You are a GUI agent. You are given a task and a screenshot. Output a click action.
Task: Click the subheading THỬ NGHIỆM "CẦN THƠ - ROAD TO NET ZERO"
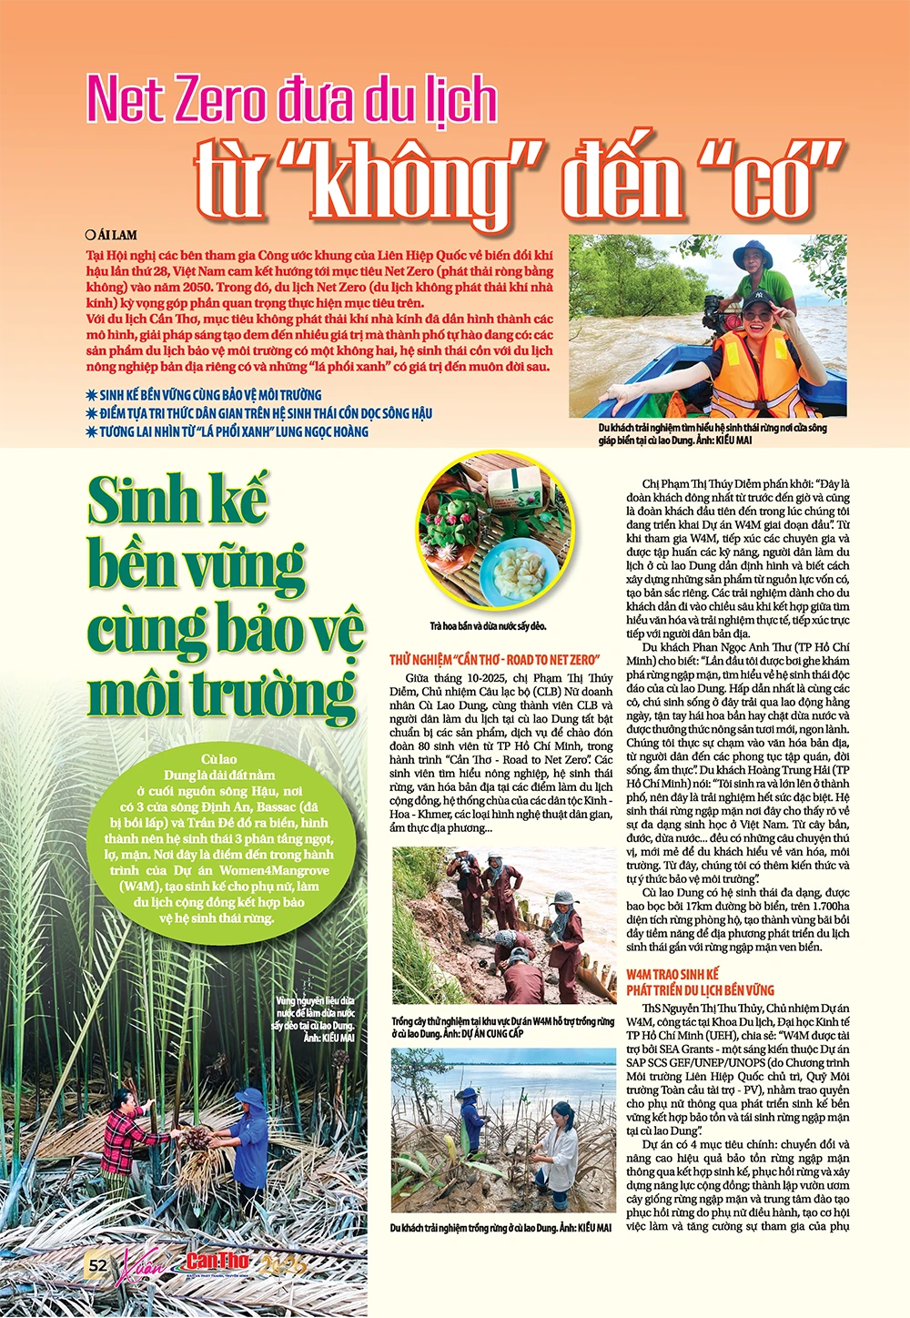(494, 659)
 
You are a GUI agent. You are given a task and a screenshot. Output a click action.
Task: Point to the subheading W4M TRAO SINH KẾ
(672, 974)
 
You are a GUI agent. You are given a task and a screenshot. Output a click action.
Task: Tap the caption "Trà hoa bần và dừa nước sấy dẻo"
(488, 626)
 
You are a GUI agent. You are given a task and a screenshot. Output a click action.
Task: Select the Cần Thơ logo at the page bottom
(217, 1263)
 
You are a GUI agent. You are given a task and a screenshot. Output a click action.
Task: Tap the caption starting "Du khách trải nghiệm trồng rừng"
(500, 1228)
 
